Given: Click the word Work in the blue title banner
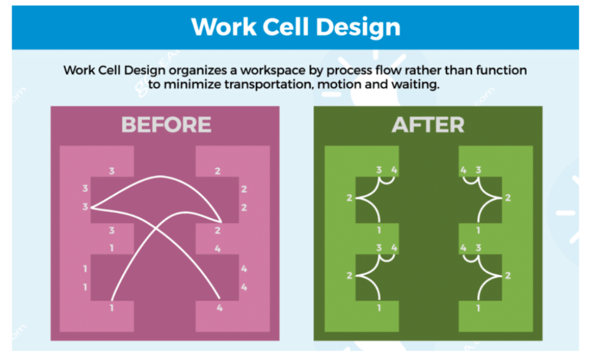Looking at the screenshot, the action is pos(224,27).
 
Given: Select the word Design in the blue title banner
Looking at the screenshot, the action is pos(358,27).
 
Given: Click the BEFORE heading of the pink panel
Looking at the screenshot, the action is pos(166,124).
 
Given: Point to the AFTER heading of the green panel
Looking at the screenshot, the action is pos(428,124).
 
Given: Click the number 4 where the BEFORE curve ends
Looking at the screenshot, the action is pos(219,308).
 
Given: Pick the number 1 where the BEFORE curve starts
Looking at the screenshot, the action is pos(112,308).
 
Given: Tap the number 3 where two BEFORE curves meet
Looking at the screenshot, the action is pos(86,207).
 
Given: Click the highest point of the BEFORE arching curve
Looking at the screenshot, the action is pos(160,176).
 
